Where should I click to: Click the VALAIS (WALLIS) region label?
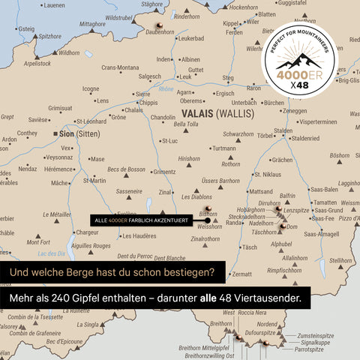[x=217, y=114]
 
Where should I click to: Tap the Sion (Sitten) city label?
[x=78, y=133]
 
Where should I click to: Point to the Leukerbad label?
[x=191, y=38]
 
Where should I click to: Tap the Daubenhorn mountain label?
[x=160, y=32]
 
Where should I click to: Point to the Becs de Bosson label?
[x=126, y=169]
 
